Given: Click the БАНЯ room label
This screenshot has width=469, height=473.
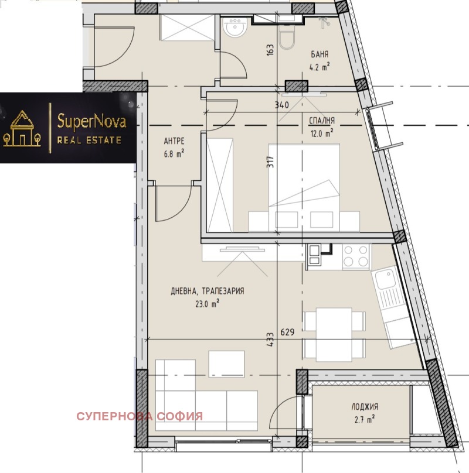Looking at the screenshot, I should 320,55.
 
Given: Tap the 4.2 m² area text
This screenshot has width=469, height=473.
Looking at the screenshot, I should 320,67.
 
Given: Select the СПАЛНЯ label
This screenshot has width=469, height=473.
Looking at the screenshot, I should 321,121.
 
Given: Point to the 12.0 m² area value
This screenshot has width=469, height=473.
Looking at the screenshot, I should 321,132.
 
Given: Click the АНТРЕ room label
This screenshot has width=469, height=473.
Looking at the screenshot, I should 175,141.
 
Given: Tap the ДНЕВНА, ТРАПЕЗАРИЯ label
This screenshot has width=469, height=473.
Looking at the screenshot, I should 208,291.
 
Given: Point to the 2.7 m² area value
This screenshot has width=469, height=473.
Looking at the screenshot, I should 365,418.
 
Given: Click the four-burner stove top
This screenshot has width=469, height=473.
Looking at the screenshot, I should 356,255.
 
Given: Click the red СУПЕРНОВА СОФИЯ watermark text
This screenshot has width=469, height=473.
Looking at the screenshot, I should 140,417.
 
